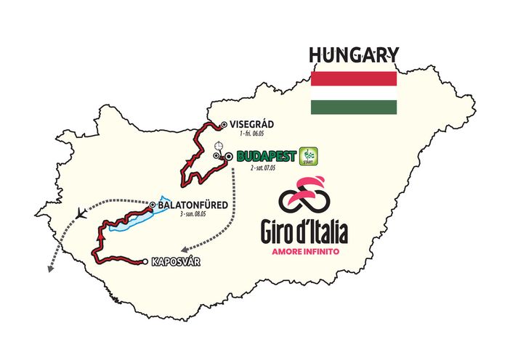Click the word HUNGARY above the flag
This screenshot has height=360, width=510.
pos(353,55)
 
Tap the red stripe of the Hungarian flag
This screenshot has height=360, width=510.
pos(353,79)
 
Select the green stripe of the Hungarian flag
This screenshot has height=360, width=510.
pos(353,107)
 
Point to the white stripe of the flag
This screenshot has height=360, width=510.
pos(353,94)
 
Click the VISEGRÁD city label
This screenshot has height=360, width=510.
pos(253,124)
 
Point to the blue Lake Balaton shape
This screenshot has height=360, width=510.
pos(142,217)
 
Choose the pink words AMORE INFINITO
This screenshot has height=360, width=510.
pos(304,252)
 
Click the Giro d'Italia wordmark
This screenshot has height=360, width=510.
pos(304,232)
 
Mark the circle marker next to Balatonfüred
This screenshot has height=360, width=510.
pos(153,205)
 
